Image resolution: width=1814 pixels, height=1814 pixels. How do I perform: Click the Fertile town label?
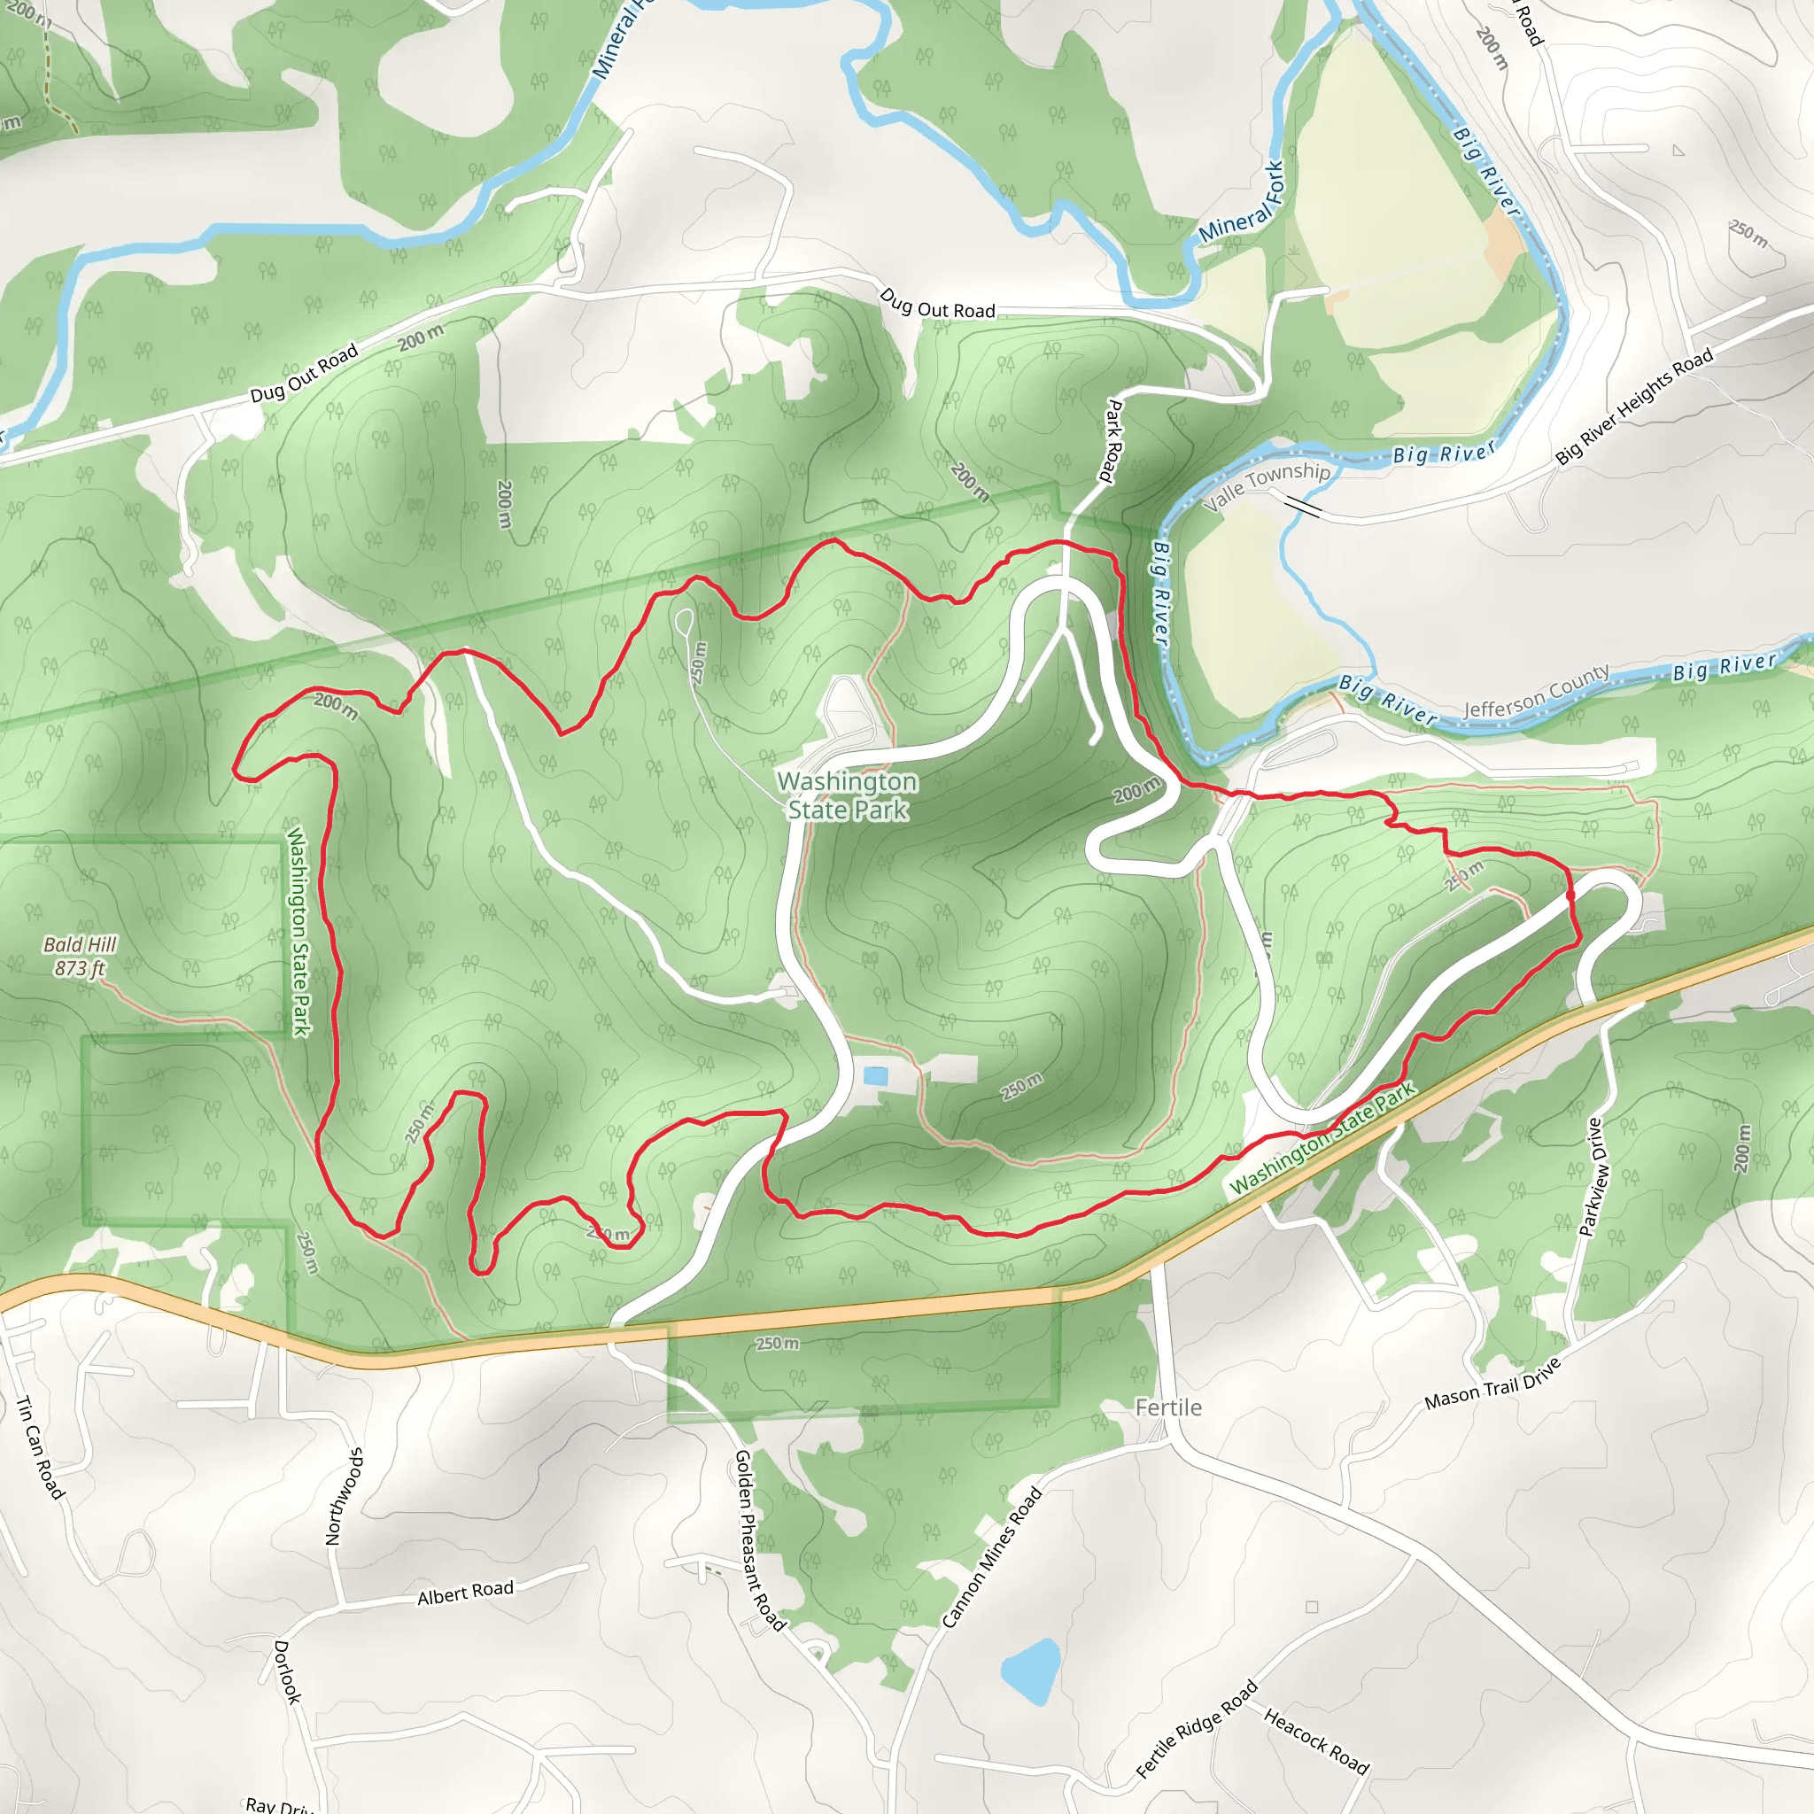coord(1168,1407)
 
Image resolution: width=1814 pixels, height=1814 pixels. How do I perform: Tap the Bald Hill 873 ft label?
coord(80,956)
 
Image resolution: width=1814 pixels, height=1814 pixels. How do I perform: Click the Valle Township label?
coord(1267,486)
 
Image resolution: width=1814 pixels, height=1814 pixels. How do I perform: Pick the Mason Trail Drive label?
coord(1492,1384)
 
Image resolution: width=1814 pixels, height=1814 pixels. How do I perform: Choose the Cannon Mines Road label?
coord(991,1557)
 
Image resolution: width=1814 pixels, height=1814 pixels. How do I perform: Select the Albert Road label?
coord(465,1593)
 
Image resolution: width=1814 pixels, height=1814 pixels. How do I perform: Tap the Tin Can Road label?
coord(40,1448)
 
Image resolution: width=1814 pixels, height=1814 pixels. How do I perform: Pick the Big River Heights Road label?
coord(1633,407)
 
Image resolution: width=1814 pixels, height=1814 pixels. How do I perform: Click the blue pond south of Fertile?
coord(1031,1672)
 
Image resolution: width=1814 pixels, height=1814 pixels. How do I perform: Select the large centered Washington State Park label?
coord(848,795)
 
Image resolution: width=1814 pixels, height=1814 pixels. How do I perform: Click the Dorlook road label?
coord(287,1672)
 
